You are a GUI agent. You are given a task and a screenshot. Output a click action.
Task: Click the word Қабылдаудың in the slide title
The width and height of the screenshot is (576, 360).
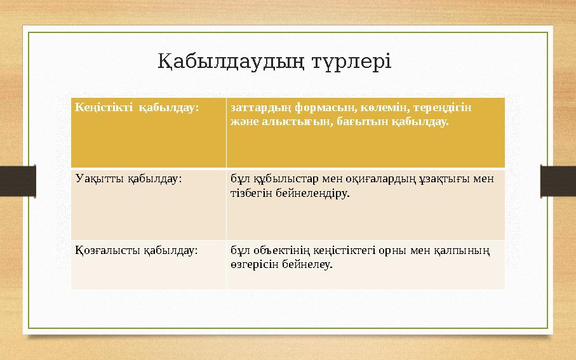(x=232, y=62)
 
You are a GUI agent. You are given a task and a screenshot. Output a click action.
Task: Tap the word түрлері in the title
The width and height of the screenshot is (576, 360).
(x=352, y=62)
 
